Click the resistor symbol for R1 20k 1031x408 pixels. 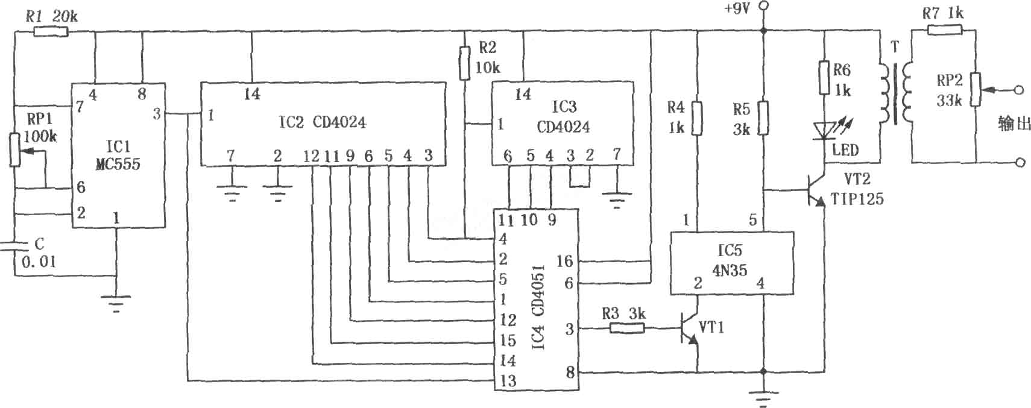pos(51,31)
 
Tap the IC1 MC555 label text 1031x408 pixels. pos(118,155)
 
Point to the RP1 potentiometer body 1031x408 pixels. pos(15,149)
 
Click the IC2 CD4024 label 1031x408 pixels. pos(322,122)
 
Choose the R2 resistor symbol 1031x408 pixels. pos(465,63)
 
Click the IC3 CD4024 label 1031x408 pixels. pos(563,117)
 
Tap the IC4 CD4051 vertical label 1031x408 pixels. pos(538,307)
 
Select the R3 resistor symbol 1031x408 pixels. pos(627,328)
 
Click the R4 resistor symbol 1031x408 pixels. pos(697,118)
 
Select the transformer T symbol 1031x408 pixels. pos(895,93)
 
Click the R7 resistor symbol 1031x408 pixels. pos(945,30)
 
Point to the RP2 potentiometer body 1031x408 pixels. pos(976,89)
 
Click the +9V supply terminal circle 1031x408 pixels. pos(763,6)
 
